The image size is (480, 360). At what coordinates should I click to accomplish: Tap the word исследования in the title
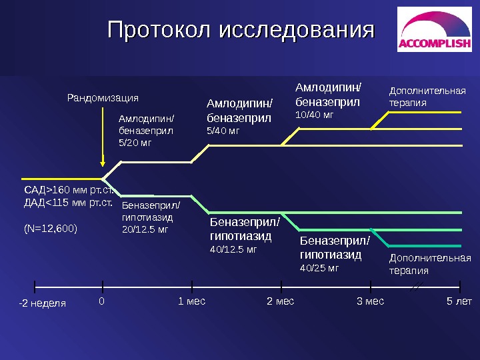pyautogui.click(x=297, y=30)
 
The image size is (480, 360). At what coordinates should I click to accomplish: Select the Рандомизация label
pyautogui.click(x=103, y=98)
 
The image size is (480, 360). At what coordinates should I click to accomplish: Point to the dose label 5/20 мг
pyautogui.click(x=135, y=142)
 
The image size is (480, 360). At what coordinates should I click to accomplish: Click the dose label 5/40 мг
pyautogui.click(x=223, y=130)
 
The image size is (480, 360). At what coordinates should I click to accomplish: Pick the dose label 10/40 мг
pyautogui.click(x=314, y=115)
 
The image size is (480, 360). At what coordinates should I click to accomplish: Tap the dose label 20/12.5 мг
pyautogui.click(x=144, y=229)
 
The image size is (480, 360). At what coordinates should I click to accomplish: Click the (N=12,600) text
pyautogui.click(x=51, y=229)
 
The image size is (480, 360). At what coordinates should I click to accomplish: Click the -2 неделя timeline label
pyautogui.click(x=42, y=303)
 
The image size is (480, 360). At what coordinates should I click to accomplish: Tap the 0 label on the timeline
pyautogui.click(x=102, y=301)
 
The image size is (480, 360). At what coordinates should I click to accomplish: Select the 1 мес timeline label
pyautogui.click(x=192, y=301)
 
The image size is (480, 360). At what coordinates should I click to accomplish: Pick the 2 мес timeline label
pyautogui.click(x=280, y=301)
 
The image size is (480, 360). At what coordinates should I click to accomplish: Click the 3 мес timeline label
pyautogui.click(x=371, y=301)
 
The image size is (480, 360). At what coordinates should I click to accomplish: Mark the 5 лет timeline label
pyautogui.click(x=459, y=301)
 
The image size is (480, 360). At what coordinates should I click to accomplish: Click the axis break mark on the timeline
pyautogui.click(x=416, y=287)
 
